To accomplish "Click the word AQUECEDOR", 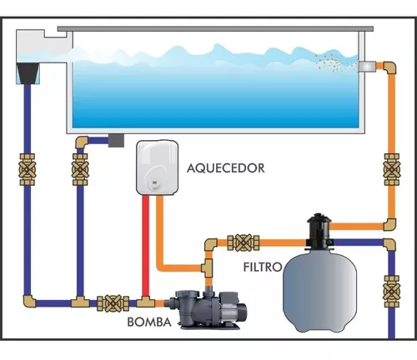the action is [x=226, y=168].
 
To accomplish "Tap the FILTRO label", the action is [x=263, y=267].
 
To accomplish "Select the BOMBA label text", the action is [x=149, y=322].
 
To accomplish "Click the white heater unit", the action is [x=157, y=167].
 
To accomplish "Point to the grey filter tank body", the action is [x=319, y=293].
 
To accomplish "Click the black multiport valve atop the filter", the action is [x=319, y=231].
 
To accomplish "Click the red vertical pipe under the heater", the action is [x=145, y=247].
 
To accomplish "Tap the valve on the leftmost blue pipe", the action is [x=27, y=169].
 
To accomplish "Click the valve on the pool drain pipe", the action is [x=80, y=169].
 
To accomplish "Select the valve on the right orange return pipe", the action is [x=391, y=169].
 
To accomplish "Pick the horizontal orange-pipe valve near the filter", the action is [x=244, y=242].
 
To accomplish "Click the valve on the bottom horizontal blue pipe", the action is [x=113, y=303].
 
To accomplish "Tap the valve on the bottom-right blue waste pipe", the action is [x=391, y=292].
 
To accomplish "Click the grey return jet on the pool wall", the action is [x=367, y=67].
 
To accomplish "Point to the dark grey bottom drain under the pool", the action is [x=116, y=141].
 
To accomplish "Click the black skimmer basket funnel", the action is [x=28, y=73].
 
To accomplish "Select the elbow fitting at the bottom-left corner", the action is [x=29, y=302].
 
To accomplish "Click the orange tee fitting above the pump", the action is [x=207, y=267].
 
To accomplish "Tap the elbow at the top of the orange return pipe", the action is [x=389, y=68].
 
